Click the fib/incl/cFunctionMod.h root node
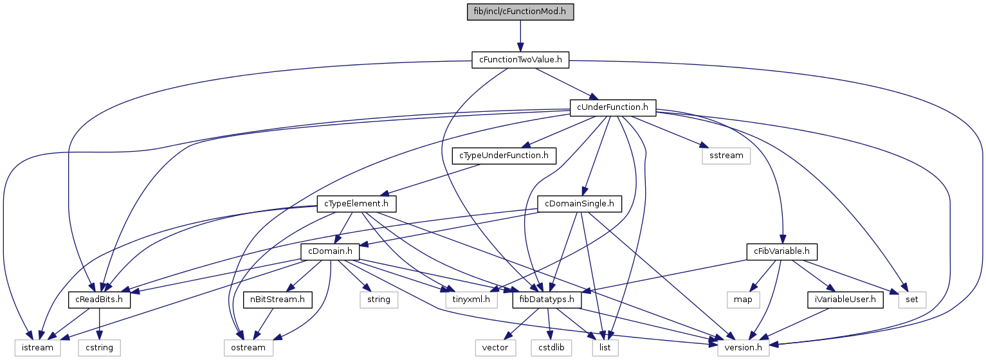[x=520, y=12]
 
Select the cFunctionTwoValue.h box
[x=520, y=60]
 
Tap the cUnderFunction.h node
[x=612, y=107]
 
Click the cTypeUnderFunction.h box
[x=504, y=155]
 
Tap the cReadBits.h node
[x=100, y=299]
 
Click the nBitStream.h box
[x=278, y=299]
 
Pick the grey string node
[x=379, y=299]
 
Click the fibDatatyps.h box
[x=547, y=299]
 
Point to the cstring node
[x=100, y=347]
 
